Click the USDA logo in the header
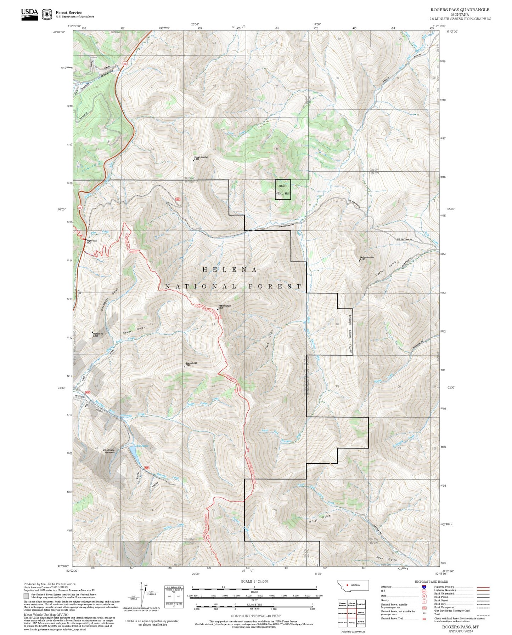[29, 14]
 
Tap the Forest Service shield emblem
[47, 15]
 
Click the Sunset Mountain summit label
[201, 158]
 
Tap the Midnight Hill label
[98, 334]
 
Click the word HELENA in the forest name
[229, 270]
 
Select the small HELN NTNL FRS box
[283, 190]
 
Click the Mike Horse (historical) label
[108, 451]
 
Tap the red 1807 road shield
[178, 199]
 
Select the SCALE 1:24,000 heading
[254, 581]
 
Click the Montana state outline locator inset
[353, 585]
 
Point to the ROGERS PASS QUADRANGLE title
[460, 10]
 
